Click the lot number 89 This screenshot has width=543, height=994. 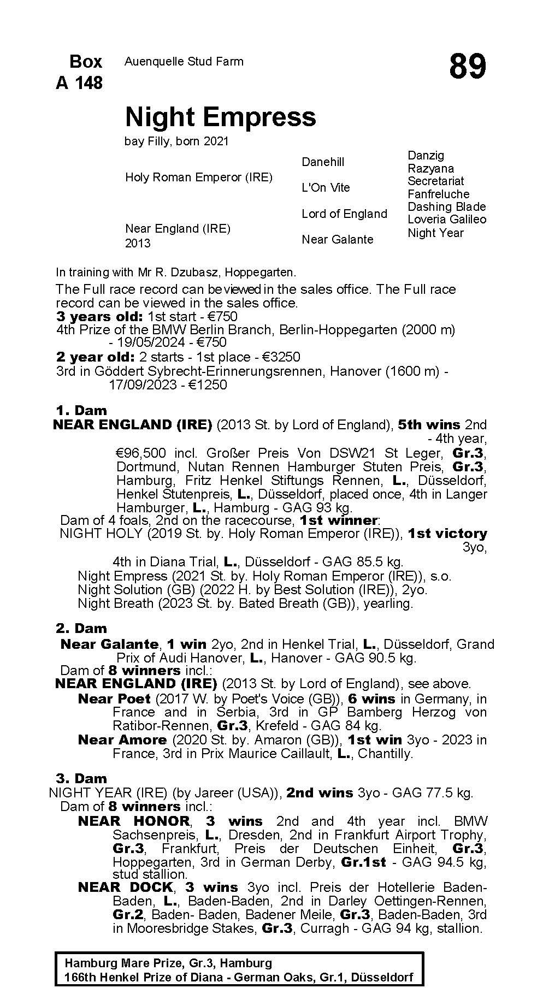[x=467, y=67]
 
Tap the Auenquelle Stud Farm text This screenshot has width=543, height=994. [x=184, y=62]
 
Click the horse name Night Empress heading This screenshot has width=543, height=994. [x=220, y=117]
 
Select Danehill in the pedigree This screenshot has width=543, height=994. [x=323, y=162]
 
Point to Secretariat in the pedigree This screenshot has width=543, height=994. [x=435, y=181]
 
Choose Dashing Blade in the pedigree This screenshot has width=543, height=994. [x=446, y=206]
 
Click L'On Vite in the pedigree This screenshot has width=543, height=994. [x=326, y=187]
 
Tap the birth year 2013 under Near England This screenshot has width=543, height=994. [x=138, y=243]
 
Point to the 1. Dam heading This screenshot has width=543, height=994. [x=81, y=410]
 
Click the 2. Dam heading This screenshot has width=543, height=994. [x=81, y=628]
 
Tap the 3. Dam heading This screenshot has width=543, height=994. [x=81, y=778]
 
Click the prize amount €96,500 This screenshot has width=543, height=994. [x=141, y=453]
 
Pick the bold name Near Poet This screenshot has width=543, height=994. [x=114, y=699]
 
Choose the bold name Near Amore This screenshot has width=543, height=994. [x=122, y=739]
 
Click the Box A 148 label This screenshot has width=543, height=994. [x=79, y=72]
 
